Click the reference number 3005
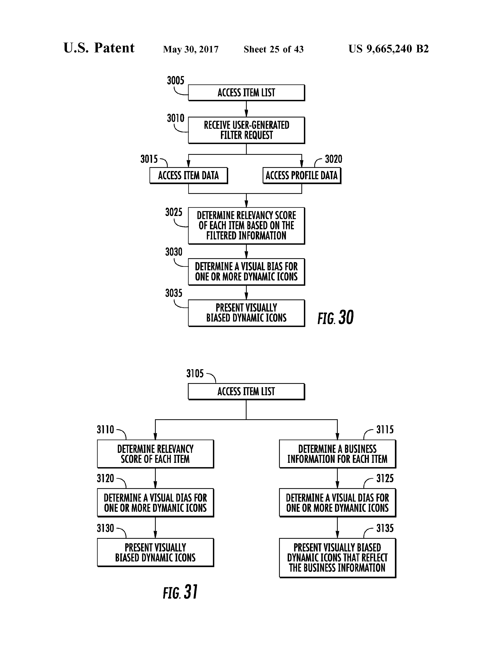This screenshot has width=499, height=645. [x=176, y=80]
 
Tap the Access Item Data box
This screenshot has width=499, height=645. [x=189, y=175]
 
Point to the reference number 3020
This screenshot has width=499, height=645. [x=333, y=159]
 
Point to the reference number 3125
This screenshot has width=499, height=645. [x=385, y=478]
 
